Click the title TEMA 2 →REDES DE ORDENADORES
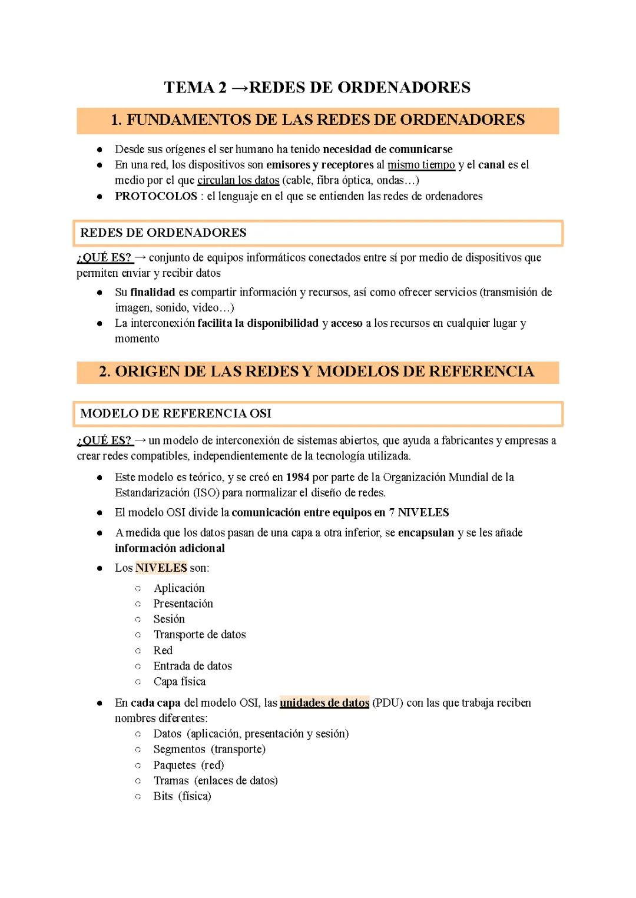click(317, 88)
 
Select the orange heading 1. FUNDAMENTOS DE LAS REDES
click(317, 120)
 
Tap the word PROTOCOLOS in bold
click(155, 196)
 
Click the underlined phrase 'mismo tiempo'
click(421, 165)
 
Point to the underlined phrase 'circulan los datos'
click(238, 180)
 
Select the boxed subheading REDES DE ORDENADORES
click(164, 233)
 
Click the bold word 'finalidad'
click(153, 292)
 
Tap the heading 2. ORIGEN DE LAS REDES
click(317, 372)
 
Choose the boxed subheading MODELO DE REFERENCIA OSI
click(176, 413)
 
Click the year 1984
click(297, 477)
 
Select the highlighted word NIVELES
click(161, 568)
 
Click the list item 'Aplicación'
click(179, 588)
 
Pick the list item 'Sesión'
click(169, 619)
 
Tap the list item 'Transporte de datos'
click(200, 634)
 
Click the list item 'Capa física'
click(180, 681)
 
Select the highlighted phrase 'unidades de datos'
click(324, 703)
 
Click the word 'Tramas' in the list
click(171, 780)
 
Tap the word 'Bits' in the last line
click(163, 796)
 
